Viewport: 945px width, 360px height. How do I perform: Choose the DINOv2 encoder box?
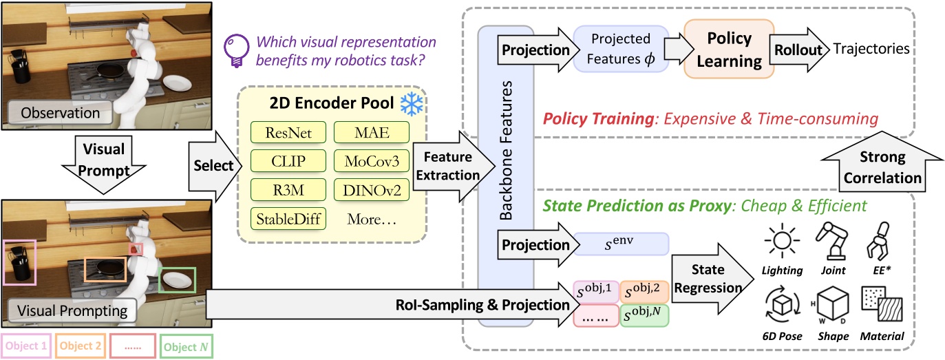tap(372, 189)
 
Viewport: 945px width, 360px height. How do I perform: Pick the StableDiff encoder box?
tap(288, 219)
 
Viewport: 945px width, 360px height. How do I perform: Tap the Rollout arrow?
tap(803, 50)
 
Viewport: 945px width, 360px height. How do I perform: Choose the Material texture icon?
tap(882, 308)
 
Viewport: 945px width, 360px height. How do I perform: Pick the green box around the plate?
tap(178, 282)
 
